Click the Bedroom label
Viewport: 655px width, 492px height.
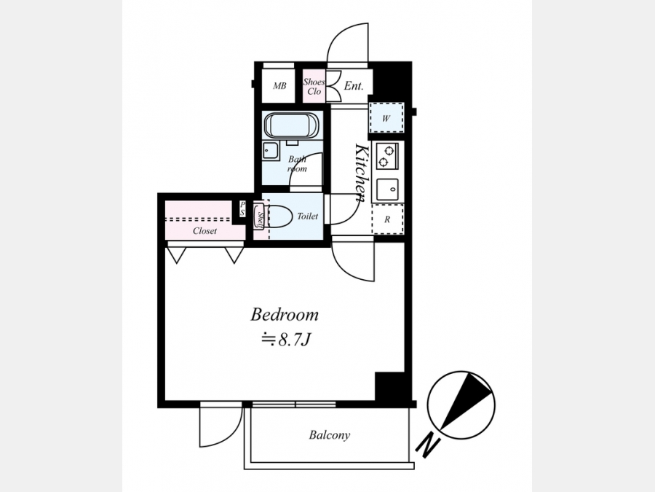284,315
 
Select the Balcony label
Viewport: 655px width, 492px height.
329,435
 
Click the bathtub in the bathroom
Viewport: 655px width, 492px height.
292,125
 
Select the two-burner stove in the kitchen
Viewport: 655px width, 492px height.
387,156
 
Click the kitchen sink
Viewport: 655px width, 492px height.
387,190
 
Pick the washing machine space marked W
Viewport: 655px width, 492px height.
386,118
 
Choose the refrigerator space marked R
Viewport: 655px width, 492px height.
388,219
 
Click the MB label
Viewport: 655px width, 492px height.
279,86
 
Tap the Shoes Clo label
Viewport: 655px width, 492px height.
314,87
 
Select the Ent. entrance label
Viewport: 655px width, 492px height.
354,86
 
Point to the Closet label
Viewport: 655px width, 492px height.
205,230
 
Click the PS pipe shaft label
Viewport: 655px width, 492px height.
242,208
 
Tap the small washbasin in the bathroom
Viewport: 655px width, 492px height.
271,151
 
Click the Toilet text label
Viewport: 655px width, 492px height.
308,216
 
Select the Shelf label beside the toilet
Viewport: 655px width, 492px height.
260,219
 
